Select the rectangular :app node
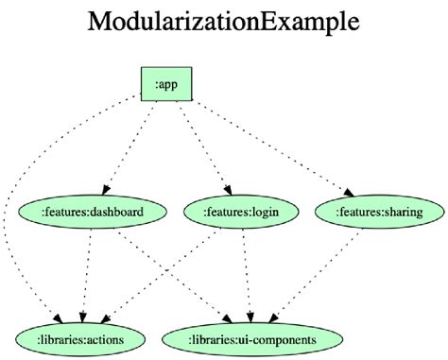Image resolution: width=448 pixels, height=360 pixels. click(166, 84)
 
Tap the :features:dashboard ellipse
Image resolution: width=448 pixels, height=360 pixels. click(93, 212)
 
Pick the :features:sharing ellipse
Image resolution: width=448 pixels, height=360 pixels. click(378, 212)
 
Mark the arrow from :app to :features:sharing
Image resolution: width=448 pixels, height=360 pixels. click(274, 142)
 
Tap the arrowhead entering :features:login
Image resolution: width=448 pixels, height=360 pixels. click(227, 188)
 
